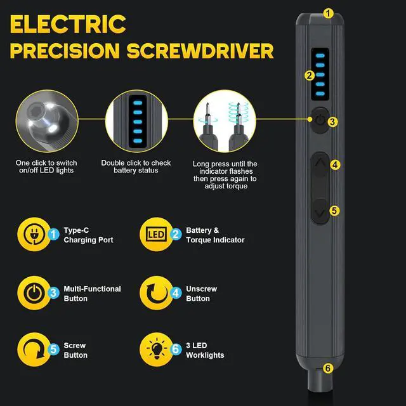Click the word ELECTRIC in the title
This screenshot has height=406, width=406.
[x=69, y=23]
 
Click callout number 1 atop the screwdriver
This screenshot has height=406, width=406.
[x=327, y=12]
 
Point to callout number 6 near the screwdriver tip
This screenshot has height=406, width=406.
[x=327, y=367]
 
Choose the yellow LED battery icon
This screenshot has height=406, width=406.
[x=155, y=235]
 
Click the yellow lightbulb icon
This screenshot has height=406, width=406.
[x=155, y=350]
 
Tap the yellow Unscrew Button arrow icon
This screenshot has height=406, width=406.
[x=155, y=293]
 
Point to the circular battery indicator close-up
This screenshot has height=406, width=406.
[x=136, y=121]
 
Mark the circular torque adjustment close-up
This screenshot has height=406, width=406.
[x=225, y=121]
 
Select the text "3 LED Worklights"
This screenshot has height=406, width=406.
[x=205, y=350]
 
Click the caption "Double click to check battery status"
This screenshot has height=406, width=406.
[x=134, y=167]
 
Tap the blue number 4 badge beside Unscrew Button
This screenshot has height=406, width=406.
[x=176, y=293]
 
